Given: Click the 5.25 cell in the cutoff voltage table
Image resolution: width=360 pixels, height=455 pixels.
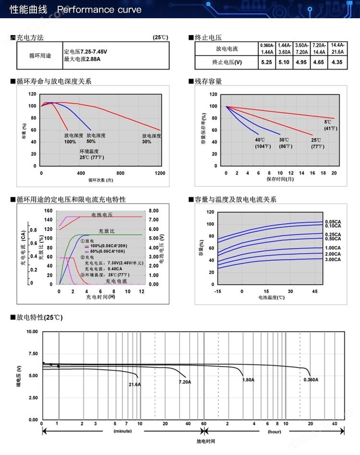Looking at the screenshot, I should tap(266, 62).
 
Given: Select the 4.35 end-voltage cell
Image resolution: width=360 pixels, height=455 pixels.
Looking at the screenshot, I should tap(337, 62).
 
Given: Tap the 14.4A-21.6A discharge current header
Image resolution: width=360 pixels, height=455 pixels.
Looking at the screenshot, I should tap(337, 48).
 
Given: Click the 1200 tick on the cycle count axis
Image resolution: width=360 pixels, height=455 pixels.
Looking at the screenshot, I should tap(160, 173).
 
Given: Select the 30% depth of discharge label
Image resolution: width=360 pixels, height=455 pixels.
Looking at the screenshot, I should tap(151, 139).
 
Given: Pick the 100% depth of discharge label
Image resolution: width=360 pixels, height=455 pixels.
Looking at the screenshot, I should tap(70, 139).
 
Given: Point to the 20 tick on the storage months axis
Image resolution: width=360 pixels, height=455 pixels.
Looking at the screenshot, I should tap(334, 173).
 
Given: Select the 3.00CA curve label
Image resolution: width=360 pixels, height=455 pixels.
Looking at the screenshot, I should tap(333, 260).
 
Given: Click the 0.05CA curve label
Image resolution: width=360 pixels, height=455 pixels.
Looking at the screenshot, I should tap(333, 221).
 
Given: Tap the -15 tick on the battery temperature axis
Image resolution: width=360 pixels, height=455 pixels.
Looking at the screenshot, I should tap(218, 291).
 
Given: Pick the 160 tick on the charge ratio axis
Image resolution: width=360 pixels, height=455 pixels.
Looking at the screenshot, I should tap(48, 211).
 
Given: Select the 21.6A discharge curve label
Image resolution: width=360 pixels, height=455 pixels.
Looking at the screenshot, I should tap(135, 384).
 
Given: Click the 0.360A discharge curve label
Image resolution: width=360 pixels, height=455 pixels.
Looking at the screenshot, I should tap(311, 380).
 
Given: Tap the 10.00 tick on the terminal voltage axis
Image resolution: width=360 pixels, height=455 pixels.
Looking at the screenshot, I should tap(32, 332).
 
